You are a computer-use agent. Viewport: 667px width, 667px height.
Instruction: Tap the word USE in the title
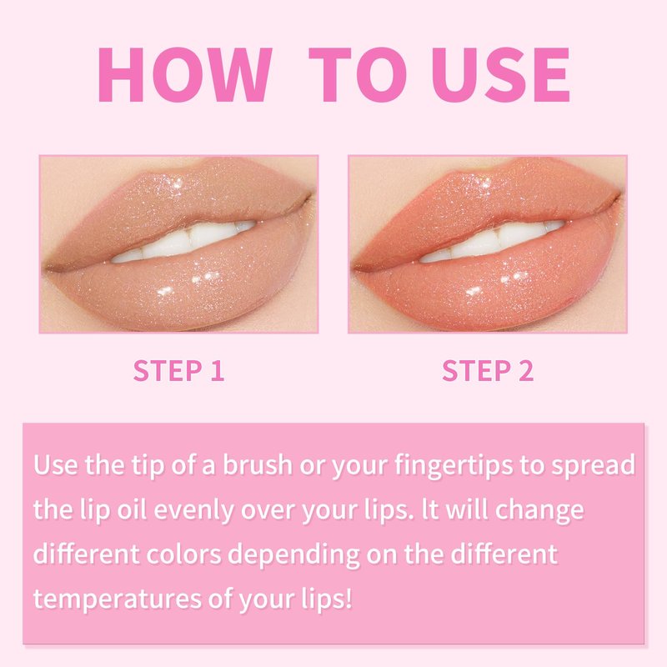coord(500,75)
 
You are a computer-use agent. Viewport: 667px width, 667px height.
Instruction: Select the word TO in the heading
coord(358,75)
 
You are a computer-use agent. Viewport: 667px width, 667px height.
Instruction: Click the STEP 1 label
coord(178,370)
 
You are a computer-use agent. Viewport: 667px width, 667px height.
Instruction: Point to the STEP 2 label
coord(488,370)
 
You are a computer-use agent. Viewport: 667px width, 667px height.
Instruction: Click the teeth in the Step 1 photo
coord(183,242)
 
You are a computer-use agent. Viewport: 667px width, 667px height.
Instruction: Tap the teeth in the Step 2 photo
coord(492,242)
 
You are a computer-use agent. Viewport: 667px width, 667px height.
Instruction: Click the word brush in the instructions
coord(258,464)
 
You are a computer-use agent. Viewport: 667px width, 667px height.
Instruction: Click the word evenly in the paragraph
coord(193,510)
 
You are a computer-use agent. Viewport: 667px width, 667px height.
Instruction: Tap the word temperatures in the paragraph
coord(118,599)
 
